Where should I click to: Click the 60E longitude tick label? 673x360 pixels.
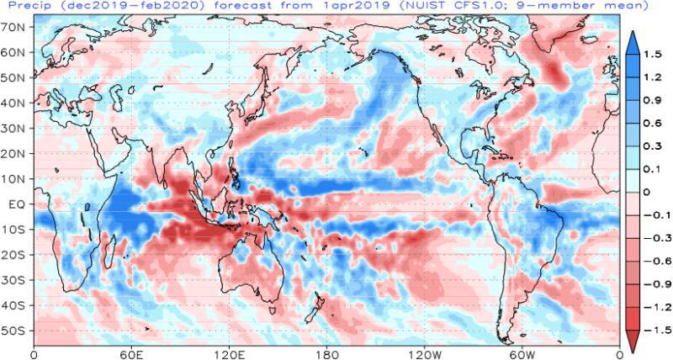tap(131, 353)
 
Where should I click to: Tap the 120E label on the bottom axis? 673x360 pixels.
tap(229, 353)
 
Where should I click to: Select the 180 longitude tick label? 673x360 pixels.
tap(327, 353)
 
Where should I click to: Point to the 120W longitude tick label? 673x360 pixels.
tap(425, 353)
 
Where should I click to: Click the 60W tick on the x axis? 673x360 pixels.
tap(522, 353)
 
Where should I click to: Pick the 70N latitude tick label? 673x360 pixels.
tap(16, 27)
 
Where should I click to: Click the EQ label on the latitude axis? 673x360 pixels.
tap(19, 204)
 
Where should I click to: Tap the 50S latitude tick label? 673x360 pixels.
tap(16, 330)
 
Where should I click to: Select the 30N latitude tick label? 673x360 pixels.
tap(16, 128)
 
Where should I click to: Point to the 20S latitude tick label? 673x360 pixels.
tap(16, 254)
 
